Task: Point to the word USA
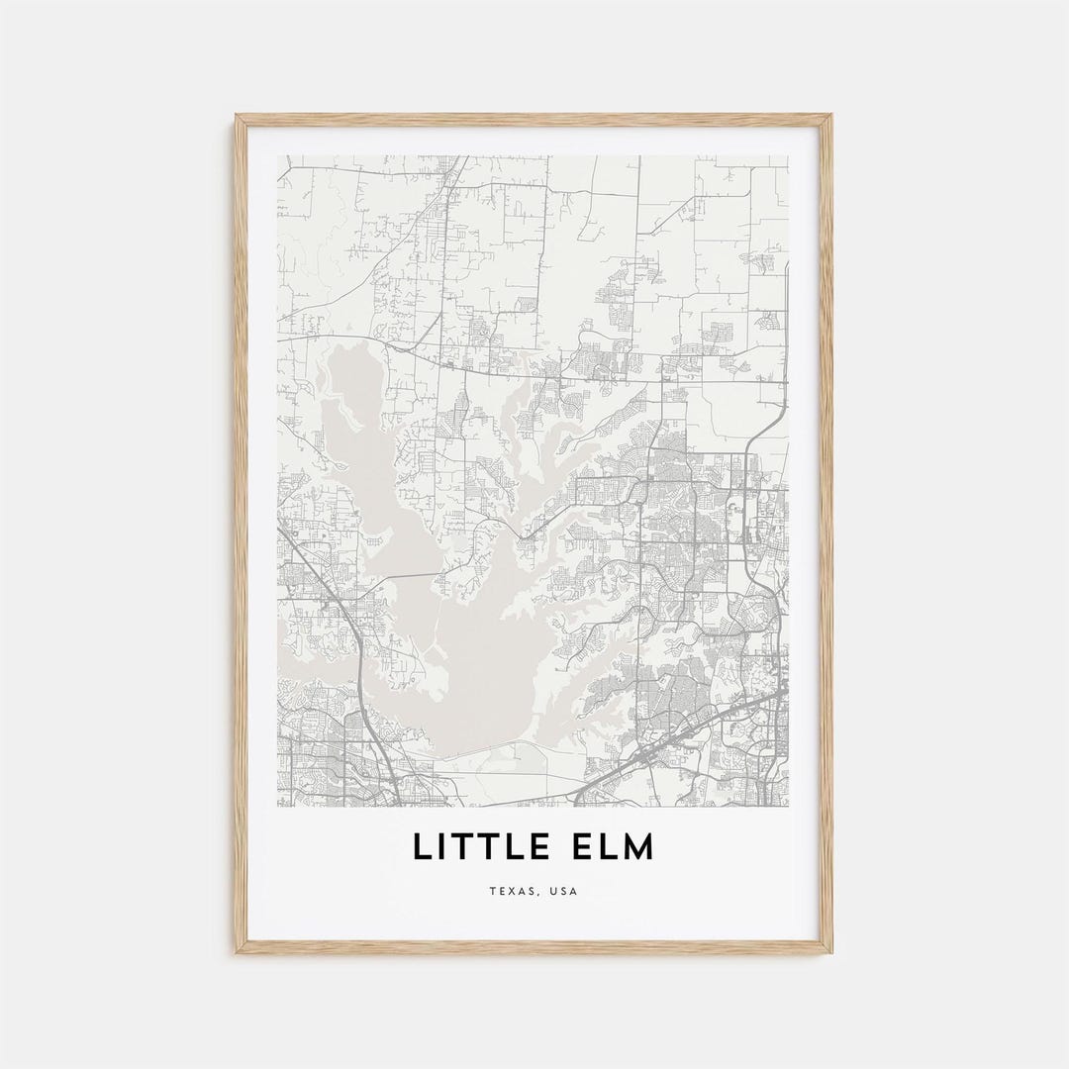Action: [x=563, y=891]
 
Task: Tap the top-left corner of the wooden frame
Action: [x=237, y=116]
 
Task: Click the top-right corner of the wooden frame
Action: [x=831, y=116]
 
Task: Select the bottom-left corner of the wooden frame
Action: [x=237, y=952]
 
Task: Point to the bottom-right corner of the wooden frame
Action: [x=831, y=952]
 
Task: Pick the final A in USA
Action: [x=573, y=891]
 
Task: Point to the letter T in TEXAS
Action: [x=492, y=891]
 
